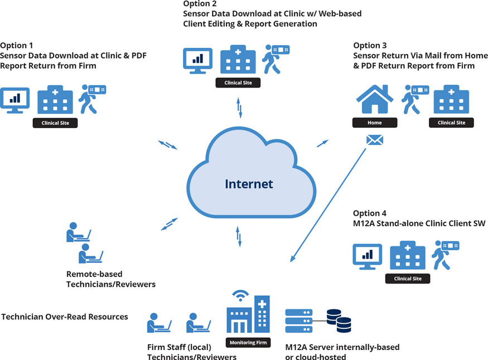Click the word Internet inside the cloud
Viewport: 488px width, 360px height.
tap(249, 184)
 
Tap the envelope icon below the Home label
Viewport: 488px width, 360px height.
tap(374, 140)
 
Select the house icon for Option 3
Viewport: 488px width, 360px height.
tap(375, 100)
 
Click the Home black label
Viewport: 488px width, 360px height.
tap(375, 123)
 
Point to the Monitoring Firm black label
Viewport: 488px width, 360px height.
tap(248, 342)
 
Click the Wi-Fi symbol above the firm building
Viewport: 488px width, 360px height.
tap(240, 295)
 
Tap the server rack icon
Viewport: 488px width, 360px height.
tap(298, 321)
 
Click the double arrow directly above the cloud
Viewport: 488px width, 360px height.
tap(240, 108)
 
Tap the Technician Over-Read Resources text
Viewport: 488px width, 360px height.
tap(65, 317)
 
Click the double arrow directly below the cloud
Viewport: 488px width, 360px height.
tap(239, 237)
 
